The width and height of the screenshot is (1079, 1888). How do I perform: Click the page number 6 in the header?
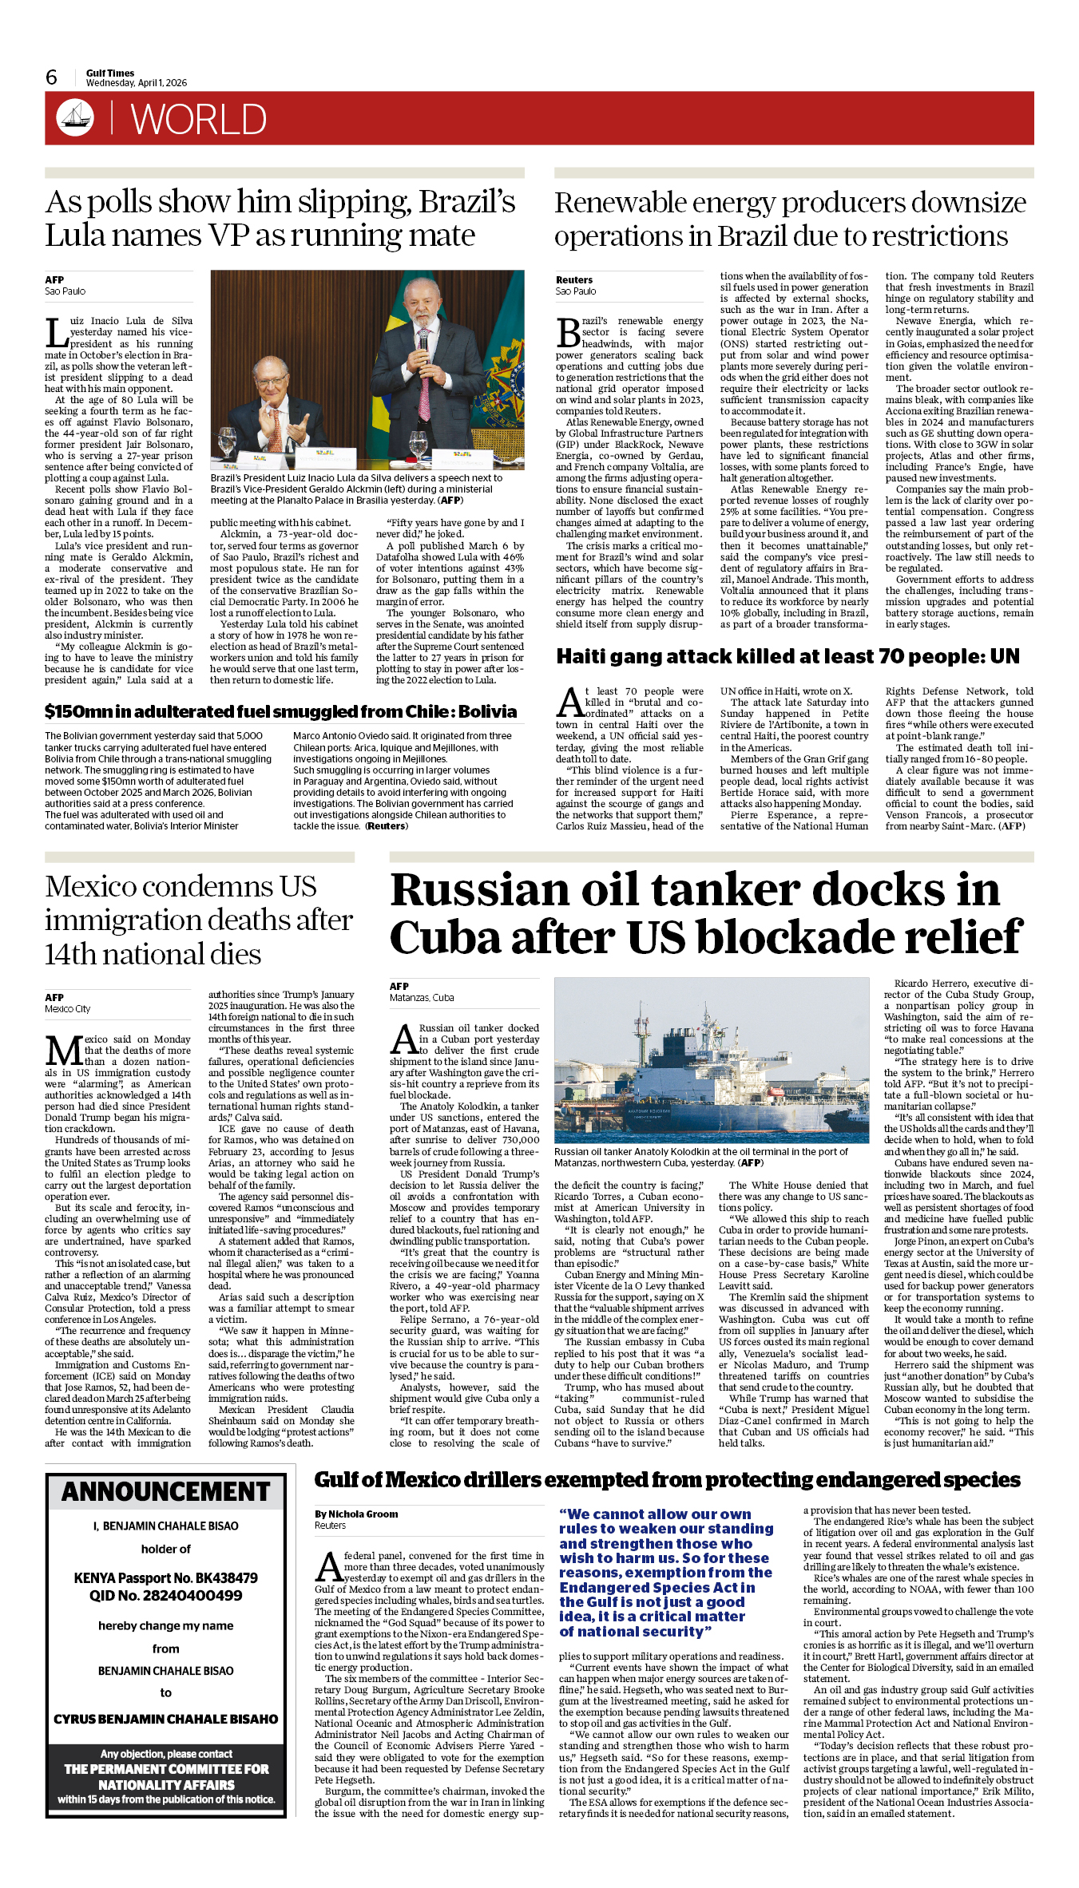pos(52,77)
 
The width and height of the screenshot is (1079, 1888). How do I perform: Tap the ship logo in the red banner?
pos(75,117)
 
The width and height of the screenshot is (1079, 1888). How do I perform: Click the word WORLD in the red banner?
pos(198,120)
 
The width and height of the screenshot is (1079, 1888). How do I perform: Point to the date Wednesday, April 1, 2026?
pos(137,83)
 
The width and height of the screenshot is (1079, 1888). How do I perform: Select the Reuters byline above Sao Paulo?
pos(574,280)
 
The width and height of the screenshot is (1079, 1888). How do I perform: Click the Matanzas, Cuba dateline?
pos(422,998)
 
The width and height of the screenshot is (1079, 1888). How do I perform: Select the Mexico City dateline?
pos(68,1009)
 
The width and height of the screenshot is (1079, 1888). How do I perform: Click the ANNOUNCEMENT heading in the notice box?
pos(166,1492)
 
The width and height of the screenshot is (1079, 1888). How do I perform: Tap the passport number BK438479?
pos(212,1578)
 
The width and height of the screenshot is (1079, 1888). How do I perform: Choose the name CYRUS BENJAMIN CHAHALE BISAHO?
pos(166,1719)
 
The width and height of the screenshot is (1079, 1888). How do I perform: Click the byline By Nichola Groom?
pos(356,1514)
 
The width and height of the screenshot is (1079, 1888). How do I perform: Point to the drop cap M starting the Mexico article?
pos(62,1051)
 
